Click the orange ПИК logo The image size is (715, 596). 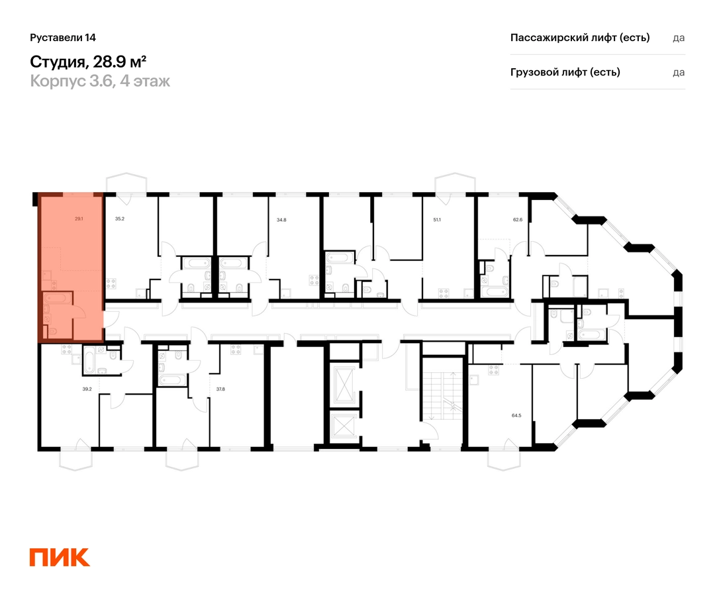pos(60,557)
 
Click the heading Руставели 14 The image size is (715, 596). pos(63,38)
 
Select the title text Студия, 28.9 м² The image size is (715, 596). pos(88,61)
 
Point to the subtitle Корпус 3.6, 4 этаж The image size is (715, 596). pos(100,81)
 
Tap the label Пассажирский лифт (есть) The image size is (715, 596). pos(580,38)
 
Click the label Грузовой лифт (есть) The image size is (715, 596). pos(565,72)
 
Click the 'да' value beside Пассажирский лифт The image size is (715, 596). pos(679,38)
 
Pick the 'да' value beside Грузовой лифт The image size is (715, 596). pos(679,72)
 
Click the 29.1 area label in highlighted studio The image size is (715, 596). pos(79,219)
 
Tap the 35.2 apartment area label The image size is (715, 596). pos(119,219)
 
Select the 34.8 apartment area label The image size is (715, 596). pos(281,220)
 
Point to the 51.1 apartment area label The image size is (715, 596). pos(437,220)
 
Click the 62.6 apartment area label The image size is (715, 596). pos(518,219)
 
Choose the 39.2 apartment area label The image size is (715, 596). pos(87,389)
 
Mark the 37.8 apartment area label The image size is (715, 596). pos(220,389)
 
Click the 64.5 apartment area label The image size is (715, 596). pos(516,415)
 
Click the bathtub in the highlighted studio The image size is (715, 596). pos(57,298)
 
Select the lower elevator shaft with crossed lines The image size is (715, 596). pos(344,426)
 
